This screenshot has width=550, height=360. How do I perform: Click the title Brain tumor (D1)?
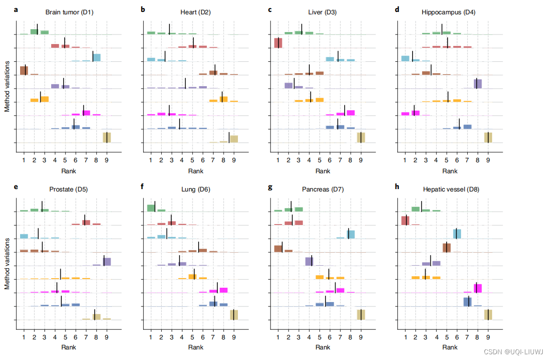click(70, 12)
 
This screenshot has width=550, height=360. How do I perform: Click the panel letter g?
click(270, 187)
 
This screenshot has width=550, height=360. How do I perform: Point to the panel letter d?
click(397, 9)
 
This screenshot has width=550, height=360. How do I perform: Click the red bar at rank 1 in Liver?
click(278, 43)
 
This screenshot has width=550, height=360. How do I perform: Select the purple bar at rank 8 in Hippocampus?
click(478, 84)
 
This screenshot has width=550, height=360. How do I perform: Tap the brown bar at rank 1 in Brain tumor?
click(24, 70)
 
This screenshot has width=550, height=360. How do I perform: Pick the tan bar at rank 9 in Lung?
click(234, 315)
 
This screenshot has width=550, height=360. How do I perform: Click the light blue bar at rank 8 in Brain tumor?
click(97, 57)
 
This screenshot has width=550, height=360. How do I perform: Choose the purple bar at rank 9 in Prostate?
click(107, 261)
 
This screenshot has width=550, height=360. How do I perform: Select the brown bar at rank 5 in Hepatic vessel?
click(447, 247)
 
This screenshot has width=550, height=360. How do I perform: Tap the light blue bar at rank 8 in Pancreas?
click(351, 234)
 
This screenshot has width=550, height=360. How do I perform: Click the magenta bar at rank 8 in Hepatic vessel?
click(478, 288)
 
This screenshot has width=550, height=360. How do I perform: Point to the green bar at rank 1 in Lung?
click(151, 208)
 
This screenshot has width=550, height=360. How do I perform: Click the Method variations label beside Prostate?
click(7, 264)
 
